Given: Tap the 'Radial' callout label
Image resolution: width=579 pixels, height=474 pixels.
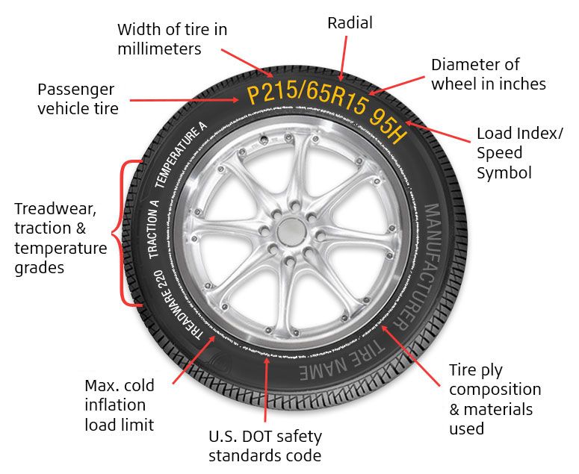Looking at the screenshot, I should click(x=350, y=24).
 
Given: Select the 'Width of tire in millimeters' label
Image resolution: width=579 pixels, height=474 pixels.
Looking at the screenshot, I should click(x=172, y=40).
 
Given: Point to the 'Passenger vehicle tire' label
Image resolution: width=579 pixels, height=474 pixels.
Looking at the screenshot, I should click(x=77, y=99).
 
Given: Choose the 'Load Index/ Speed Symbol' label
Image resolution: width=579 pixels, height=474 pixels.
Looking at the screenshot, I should click(x=519, y=153).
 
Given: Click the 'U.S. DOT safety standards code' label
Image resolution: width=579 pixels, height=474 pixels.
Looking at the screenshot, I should click(x=265, y=446).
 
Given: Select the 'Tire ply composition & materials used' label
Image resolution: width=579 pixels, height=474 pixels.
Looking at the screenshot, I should click(x=495, y=399).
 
